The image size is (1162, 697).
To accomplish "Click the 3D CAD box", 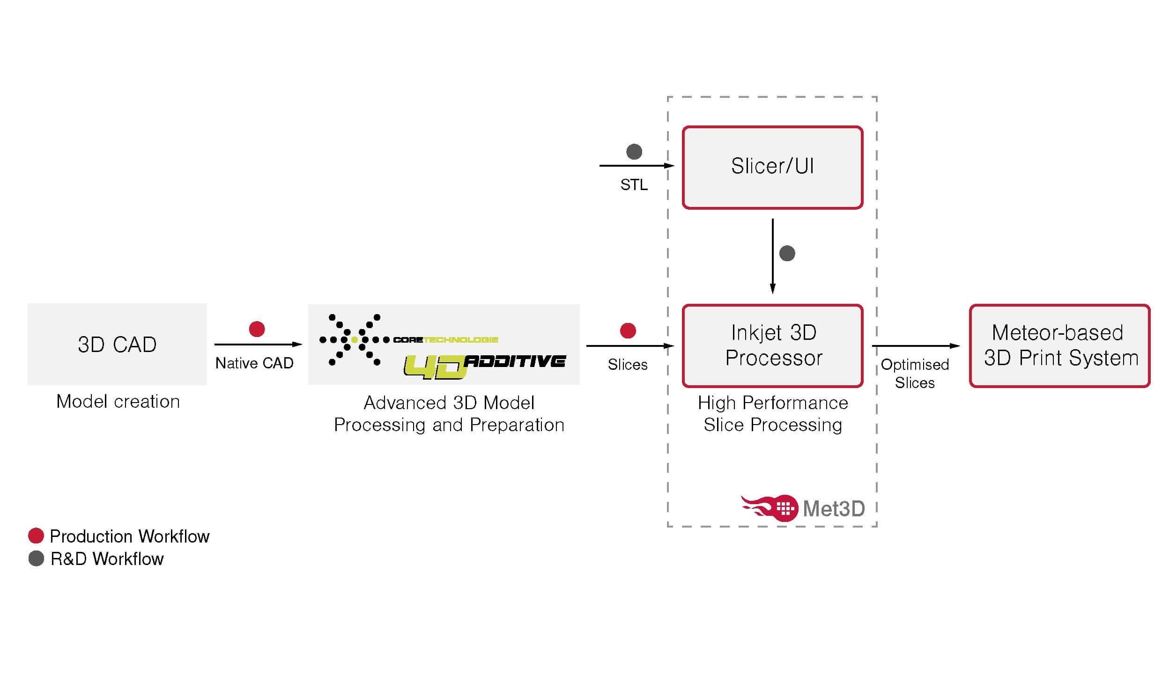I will click(x=117, y=344).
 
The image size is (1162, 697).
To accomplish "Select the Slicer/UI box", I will click(x=772, y=167).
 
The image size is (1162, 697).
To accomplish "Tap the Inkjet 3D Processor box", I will click(x=772, y=345).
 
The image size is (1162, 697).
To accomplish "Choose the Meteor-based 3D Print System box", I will click(x=1059, y=345).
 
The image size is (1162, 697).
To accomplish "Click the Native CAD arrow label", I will click(x=254, y=363).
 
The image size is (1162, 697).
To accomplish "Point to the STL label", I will click(x=633, y=185).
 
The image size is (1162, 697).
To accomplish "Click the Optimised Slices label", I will click(x=914, y=374).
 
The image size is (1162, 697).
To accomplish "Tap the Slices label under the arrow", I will click(x=627, y=365).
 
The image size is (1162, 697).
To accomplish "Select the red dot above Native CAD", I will click(x=257, y=329).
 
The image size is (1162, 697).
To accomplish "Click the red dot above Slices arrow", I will click(x=628, y=330).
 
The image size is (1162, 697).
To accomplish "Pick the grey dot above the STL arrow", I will click(x=634, y=151).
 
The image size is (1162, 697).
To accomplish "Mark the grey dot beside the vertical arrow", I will click(x=787, y=253).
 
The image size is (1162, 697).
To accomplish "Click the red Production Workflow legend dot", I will click(x=36, y=536).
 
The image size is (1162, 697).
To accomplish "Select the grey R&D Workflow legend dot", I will click(x=36, y=558).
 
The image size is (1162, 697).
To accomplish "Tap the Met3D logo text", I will click(x=833, y=509).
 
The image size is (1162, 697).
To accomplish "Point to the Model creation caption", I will click(x=118, y=402).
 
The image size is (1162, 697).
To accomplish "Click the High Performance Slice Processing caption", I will click(x=772, y=413).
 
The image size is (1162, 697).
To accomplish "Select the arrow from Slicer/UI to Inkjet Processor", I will click(x=772, y=256).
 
